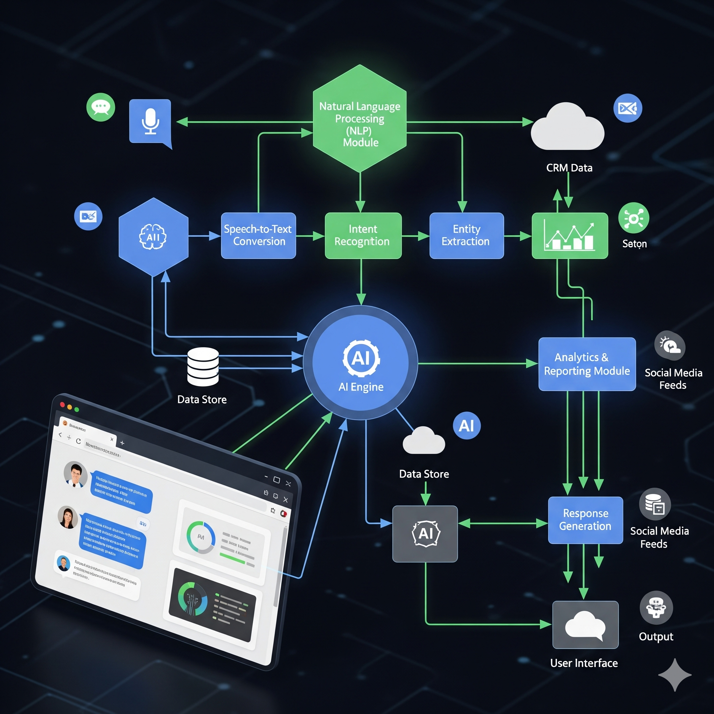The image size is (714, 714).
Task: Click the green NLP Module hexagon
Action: [x=359, y=118]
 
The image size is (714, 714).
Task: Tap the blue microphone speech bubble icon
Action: [x=150, y=121]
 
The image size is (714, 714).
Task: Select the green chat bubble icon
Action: [x=100, y=107]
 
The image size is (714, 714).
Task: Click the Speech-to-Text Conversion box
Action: [x=258, y=235]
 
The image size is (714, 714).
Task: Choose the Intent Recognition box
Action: [x=363, y=235]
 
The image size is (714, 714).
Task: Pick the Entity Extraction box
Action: [x=466, y=235]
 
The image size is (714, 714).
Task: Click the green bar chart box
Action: [x=570, y=235]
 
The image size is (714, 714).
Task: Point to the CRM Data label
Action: [x=569, y=168]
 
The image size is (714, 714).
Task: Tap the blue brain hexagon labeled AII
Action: [x=153, y=236]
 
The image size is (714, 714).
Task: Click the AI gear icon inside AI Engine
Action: [x=361, y=358]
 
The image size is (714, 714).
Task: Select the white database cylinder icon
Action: [x=203, y=367]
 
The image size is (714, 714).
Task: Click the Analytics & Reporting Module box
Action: [x=587, y=364]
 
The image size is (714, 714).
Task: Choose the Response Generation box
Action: [x=585, y=519]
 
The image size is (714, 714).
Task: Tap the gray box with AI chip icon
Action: [x=425, y=534]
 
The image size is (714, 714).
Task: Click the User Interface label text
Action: [x=584, y=663]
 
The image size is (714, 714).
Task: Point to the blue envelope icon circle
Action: [x=628, y=108]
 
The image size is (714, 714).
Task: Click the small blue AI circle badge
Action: [x=466, y=426]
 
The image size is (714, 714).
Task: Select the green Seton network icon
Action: [x=633, y=218]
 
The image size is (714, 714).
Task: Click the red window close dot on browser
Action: [x=62, y=404]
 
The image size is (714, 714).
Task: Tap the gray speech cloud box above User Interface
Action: [x=585, y=624]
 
